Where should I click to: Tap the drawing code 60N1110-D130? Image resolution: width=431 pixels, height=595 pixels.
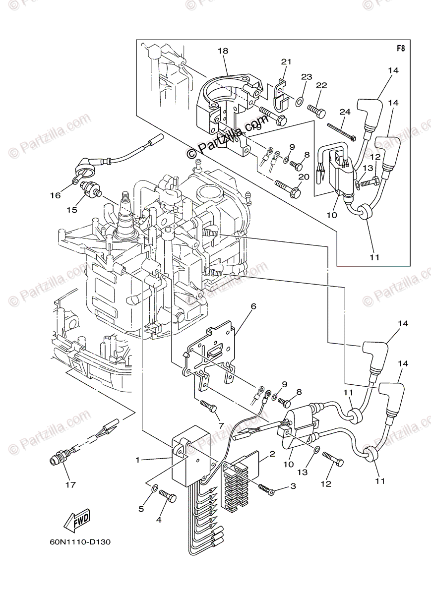point(73,541)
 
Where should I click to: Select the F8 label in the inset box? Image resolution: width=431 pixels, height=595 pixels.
point(401,49)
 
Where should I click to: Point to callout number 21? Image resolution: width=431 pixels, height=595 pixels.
point(286,61)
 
